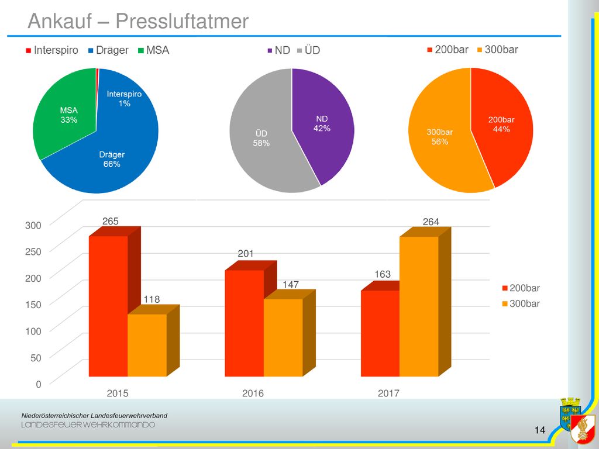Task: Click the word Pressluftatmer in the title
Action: pos(182,21)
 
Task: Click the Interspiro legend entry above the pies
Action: pos(52,50)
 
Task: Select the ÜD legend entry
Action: pos(309,50)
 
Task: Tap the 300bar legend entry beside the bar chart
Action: pos(521,304)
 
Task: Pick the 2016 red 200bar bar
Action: pos(244,323)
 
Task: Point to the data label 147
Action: pos(291,285)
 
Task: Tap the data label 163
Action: pos(383,274)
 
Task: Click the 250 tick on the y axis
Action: pos(33,251)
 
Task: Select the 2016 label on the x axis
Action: pos(253,393)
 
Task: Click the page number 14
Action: pos(540,430)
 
